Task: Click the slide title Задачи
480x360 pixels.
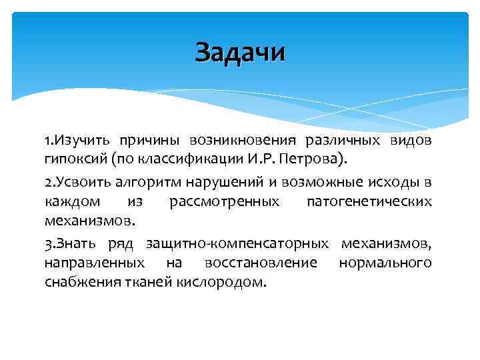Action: (240, 52)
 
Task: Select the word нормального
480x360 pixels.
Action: (385, 262)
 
